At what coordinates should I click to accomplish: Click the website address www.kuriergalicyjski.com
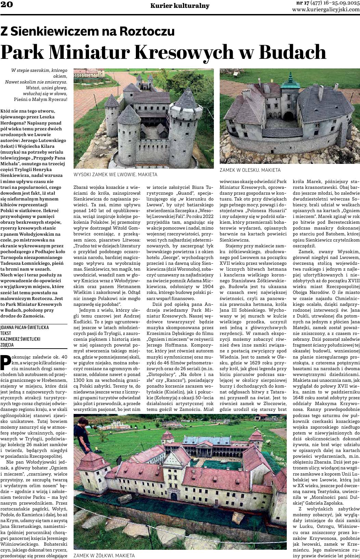coord(326,10)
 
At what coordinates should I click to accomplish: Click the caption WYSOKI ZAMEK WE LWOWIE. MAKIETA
coord(115,174)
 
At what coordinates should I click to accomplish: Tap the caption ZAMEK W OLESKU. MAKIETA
coord(250,170)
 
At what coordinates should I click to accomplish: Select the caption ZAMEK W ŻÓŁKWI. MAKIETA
coord(104,556)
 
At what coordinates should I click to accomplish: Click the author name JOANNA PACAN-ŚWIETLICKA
coord(25,327)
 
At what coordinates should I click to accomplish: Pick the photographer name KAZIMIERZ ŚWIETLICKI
coord(21,339)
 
